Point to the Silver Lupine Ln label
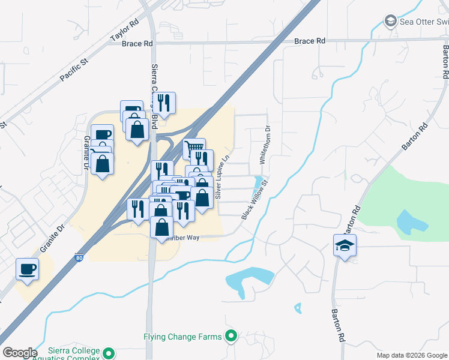click(x=222, y=178)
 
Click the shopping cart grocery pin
click(x=194, y=148)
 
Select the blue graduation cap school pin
click(x=345, y=245)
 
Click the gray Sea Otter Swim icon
click(x=391, y=22)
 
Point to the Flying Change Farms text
click(x=182, y=337)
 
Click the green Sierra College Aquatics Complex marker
click(x=109, y=353)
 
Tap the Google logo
click(x=20, y=353)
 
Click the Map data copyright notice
click(x=411, y=355)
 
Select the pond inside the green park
click(x=411, y=221)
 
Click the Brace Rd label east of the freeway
click(x=310, y=41)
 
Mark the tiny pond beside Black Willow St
click(x=258, y=181)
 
